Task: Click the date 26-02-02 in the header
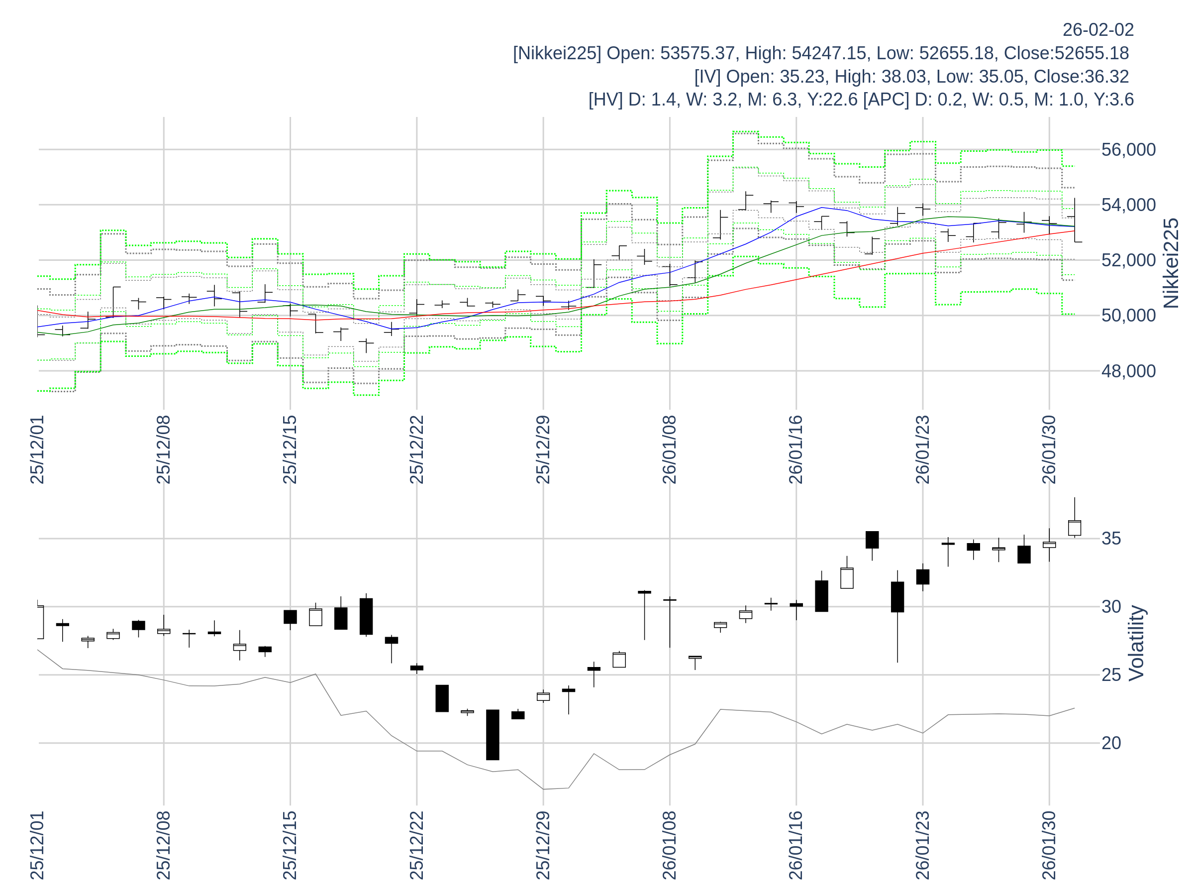tap(1098, 30)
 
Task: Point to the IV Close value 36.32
tap(1106, 77)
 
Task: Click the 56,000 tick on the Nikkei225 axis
tap(1128, 150)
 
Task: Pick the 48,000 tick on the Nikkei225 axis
tap(1128, 371)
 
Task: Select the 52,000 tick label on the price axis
tap(1128, 260)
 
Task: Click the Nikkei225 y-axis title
tap(1171, 263)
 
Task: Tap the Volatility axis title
tap(1136, 643)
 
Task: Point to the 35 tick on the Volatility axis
tap(1111, 539)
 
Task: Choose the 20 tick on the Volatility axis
tap(1111, 743)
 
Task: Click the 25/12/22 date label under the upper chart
tap(416, 449)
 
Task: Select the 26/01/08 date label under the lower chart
tap(669, 845)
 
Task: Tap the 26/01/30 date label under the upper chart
tap(1049, 449)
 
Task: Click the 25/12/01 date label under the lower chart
tap(37, 845)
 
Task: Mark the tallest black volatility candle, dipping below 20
tap(493, 735)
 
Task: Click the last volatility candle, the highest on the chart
tap(1074, 528)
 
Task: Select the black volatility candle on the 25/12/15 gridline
tap(290, 617)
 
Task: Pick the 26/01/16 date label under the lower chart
tap(796, 845)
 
